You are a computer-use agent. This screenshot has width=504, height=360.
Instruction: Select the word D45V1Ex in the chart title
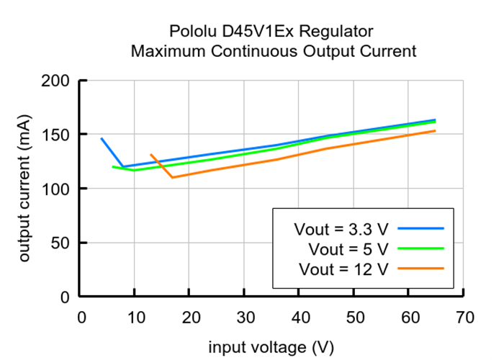(253, 32)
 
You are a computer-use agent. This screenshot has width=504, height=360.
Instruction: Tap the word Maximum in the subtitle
(162, 52)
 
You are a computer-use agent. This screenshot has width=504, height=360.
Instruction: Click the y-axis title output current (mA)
(26, 188)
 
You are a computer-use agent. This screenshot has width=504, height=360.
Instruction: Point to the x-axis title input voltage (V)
(271, 347)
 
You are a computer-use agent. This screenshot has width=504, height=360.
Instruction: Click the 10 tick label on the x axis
(135, 318)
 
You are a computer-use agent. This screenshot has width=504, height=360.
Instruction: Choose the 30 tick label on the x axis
(244, 318)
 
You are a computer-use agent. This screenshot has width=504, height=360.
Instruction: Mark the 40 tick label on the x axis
(299, 318)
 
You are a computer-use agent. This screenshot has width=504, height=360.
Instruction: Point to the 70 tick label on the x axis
(464, 318)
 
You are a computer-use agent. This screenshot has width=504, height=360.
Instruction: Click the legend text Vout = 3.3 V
(341, 229)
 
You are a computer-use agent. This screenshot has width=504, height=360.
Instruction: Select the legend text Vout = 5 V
(348, 249)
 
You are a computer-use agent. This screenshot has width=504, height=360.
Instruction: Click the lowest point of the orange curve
(172, 177)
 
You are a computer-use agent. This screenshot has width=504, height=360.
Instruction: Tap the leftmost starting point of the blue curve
(102, 138)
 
